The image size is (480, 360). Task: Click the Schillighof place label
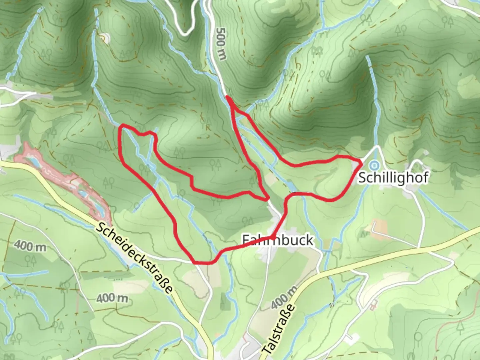pyautogui.click(x=393, y=178)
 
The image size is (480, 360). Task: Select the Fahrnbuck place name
pyautogui.click(x=278, y=240)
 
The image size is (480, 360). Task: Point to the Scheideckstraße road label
pyautogui.click(x=135, y=258)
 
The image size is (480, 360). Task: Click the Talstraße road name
pyautogui.click(x=279, y=330)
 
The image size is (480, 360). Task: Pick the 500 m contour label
pyautogui.click(x=221, y=44)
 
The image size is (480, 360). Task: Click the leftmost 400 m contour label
pyautogui.click(x=30, y=247)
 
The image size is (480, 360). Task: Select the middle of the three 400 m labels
pyautogui.click(x=112, y=298)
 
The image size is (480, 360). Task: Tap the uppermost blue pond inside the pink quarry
pyautogui.click(x=33, y=162)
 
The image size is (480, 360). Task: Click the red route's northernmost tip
pyautogui.click(x=227, y=97)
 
